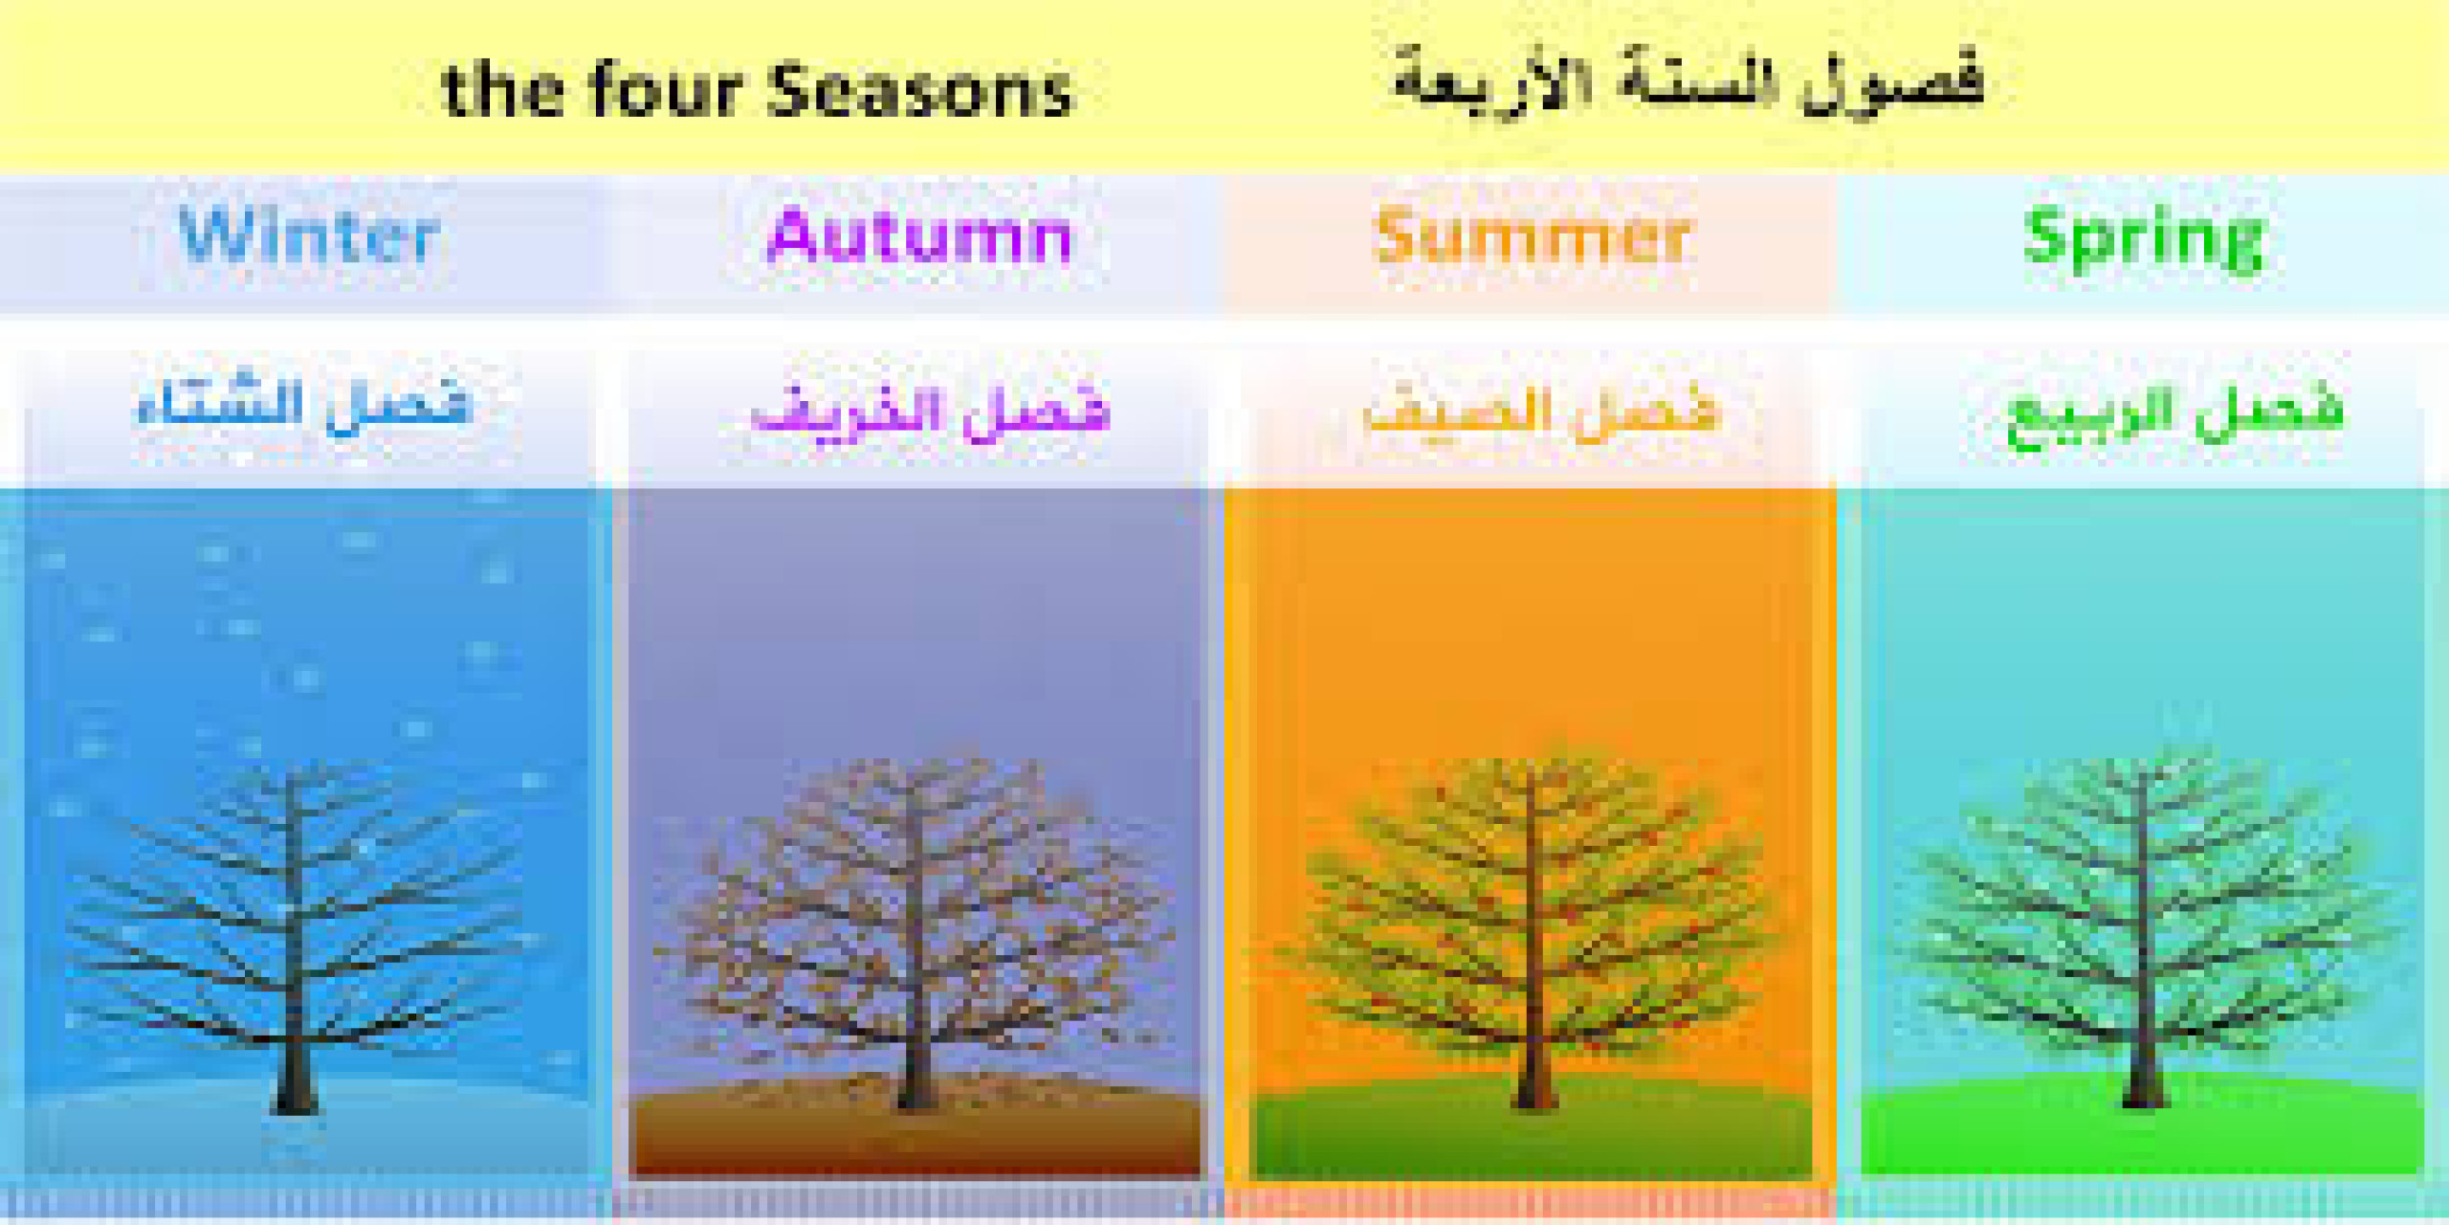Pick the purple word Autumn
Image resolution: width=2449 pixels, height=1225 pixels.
click(918, 236)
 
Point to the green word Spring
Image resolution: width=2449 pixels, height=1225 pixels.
click(2144, 238)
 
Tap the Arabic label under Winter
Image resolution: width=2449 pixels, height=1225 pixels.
click(304, 407)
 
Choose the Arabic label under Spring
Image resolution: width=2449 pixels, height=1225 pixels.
click(2174, 413)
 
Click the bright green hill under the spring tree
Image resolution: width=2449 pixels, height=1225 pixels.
click(2009, 1134)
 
